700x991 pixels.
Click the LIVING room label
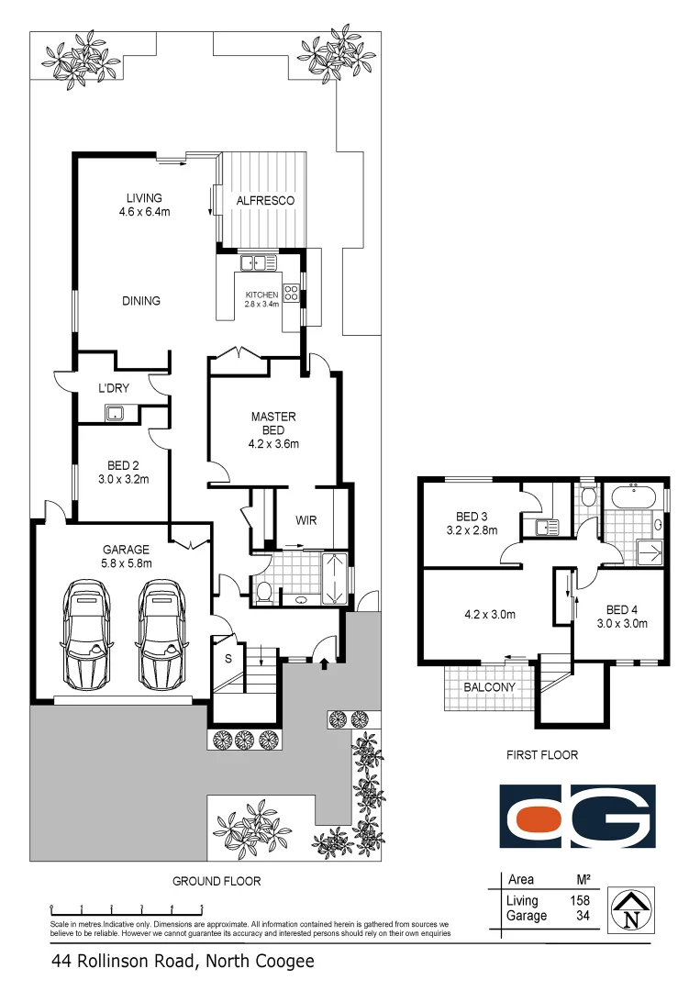point(144,198)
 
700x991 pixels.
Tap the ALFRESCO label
point(264,200)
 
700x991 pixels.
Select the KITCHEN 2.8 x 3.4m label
point(261,298)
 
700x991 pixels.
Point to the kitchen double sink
point(259,264)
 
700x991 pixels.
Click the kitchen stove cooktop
point(292,294)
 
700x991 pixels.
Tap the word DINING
point(140,301)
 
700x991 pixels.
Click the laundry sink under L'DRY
point(117,412)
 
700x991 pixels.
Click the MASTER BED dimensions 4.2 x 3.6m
point(273,444)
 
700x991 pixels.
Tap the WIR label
point(306,520)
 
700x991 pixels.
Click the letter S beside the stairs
point(228,658)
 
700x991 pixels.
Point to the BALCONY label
point(489,686)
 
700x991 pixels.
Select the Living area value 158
point(579,901)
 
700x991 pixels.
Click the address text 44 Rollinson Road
point(123,962)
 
